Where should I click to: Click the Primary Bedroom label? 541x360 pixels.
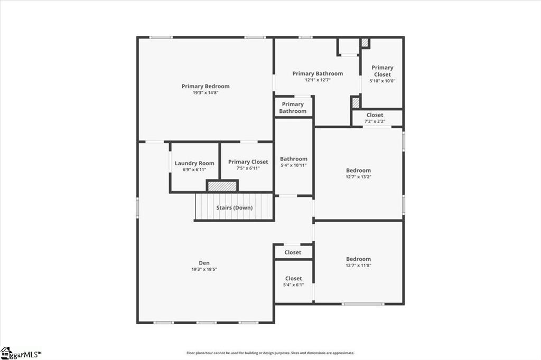(206, 86)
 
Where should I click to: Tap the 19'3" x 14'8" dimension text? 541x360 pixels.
(206, 93)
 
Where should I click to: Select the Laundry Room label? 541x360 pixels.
(194, 163)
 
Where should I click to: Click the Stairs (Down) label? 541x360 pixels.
(234, 207)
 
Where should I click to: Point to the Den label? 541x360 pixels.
(204, 263)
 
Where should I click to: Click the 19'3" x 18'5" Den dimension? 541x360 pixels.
(204, 269)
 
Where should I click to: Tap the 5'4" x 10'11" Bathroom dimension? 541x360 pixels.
(294, 165)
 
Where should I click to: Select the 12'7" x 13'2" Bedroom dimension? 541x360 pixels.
(359, 176)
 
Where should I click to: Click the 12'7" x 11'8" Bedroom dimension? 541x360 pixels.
(359, 265)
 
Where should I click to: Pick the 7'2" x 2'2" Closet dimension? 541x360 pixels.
(375, 121)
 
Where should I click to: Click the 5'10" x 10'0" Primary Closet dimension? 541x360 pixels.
(383, 81)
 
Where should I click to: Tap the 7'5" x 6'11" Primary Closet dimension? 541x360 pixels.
(248, 168)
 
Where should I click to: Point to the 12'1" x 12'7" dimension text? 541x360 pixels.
(318, 80)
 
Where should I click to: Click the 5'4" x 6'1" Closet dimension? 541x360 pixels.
(294, 285)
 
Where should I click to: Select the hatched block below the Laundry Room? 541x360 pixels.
(222, 186)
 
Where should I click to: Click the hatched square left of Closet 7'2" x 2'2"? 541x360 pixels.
(356, 102)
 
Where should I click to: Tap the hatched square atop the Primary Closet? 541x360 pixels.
(365, 43)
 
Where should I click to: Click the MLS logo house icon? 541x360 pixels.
(6, 353)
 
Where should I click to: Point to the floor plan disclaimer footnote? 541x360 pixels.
(270, 353)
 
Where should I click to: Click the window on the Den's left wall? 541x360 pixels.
(137, 207)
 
